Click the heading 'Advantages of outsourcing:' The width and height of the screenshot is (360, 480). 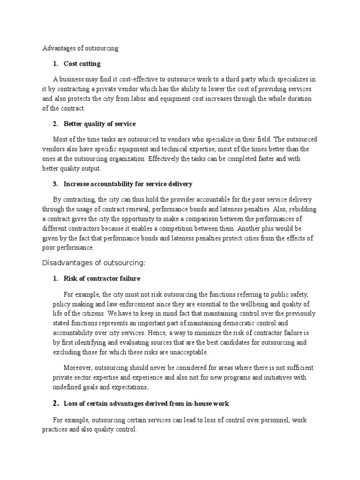81,48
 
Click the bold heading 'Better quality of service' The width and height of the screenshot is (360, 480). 100,124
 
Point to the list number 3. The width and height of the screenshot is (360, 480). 55,184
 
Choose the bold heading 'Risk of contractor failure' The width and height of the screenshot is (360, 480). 102,278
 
